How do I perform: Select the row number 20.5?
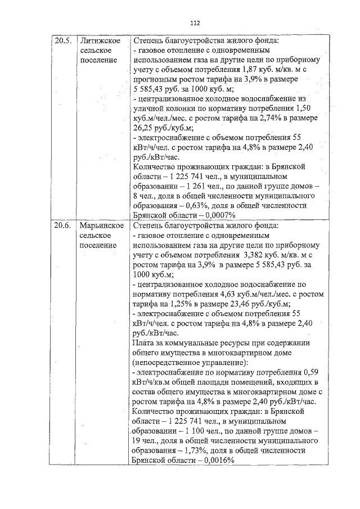tap(62, 41)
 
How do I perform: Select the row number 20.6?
tap(62, 226)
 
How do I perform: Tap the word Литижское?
tap(102, 41)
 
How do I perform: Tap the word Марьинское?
tap(102, 226)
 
